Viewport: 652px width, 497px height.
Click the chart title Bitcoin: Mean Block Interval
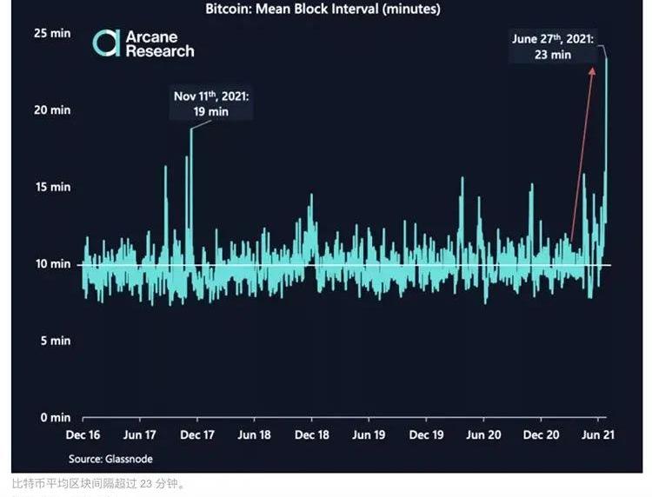tap(323, 10)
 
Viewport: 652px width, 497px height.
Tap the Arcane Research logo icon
tap(107, 43)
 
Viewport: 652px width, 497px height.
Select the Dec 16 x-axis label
tap(83, 435)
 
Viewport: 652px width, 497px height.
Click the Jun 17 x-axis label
tap(139, 435)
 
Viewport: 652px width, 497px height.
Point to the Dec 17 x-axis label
tap(197, 435)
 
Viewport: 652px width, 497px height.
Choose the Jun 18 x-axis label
tap(254, 435)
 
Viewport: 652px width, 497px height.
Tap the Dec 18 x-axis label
tap(311, 435)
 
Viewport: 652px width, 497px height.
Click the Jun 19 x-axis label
tap(369, 435)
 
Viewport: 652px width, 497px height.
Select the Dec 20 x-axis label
tap(541, 435)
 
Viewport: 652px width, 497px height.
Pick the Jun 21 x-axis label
tap(597, 435)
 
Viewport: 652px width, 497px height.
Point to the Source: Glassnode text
tap(103, 458)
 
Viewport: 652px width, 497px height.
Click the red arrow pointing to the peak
tap(582, 152)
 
